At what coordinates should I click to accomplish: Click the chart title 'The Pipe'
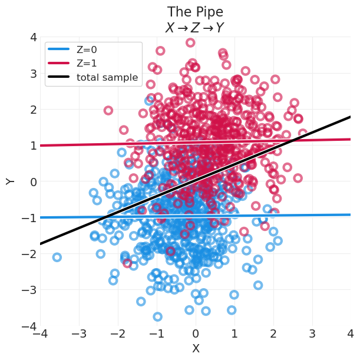coord(195,12)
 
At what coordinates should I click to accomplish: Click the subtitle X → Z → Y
coord(195,28)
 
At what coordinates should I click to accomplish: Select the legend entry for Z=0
coord(87,50)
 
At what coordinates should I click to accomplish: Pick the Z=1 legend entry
coord(87,64)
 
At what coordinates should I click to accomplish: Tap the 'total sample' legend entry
coord(107,77)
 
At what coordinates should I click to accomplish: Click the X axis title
coord(196,349)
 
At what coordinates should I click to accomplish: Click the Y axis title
coord(11,181)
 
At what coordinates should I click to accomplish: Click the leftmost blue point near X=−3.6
coord(57,257)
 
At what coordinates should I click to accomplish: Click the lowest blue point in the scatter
coord(157,316)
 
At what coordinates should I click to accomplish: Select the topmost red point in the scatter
coord(190,42)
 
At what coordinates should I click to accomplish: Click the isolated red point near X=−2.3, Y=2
coord(108,110)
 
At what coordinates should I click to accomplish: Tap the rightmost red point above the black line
coord(303,134)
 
